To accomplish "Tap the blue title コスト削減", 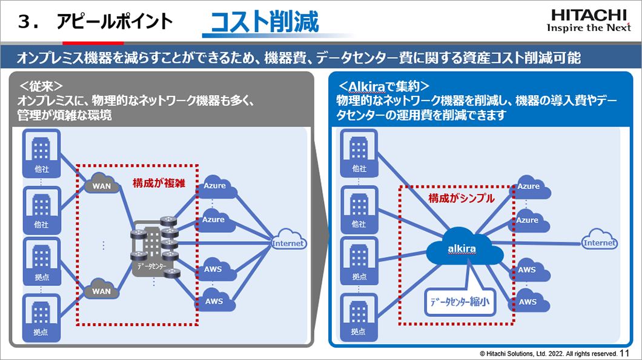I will [x=264, y=22].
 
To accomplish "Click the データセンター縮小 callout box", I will [x=459, y=301].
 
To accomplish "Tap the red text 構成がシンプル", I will [x=461, y=198].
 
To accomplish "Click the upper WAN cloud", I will [x=102, y=184].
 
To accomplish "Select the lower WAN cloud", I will [x=101, y=289].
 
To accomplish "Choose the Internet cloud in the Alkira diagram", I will [x=599, y=242].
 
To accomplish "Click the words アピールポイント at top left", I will [x=114, y=22].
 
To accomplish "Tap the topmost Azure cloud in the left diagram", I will [x=215, y=186].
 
